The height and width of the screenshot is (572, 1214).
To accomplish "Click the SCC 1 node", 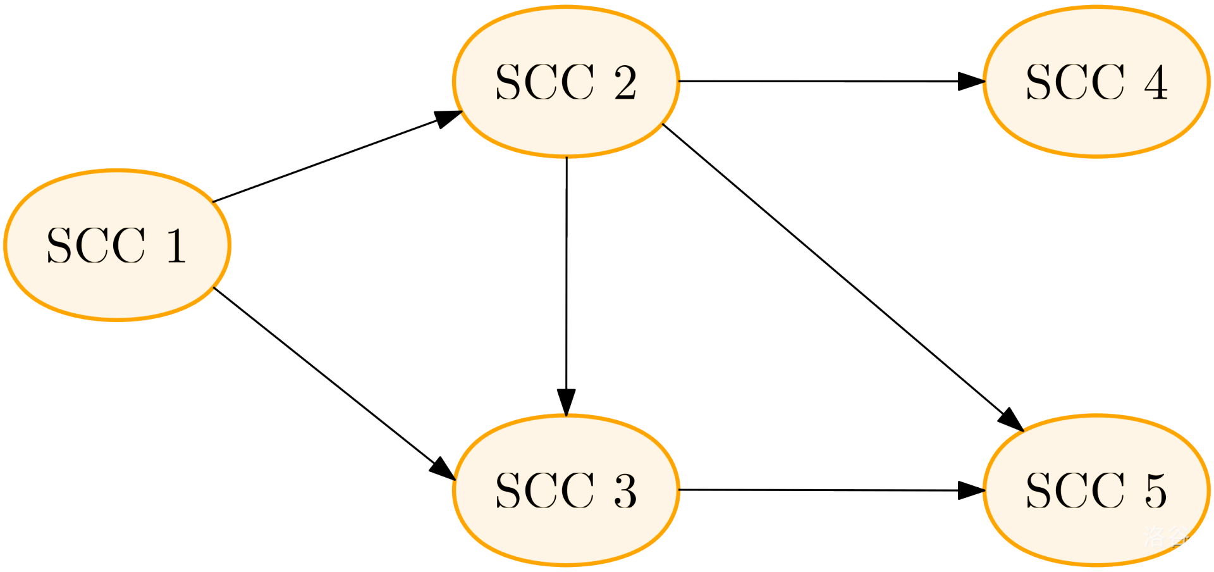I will pos(117,245).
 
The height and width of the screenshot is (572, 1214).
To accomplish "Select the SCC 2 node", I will pos(566,82).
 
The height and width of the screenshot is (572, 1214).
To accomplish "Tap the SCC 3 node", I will pos(566,490).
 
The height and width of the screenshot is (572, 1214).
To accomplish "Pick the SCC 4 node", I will pos(1096,82).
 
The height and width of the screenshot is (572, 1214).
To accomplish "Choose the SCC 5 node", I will pos(1096,490).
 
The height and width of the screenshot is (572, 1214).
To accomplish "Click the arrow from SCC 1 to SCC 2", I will pos(335,158).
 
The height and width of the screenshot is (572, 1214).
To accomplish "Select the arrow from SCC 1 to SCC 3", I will pos(332,382).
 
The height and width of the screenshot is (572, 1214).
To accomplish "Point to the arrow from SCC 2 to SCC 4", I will pos(822,81).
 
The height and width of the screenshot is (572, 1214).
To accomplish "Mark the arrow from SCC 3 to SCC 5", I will pos(822,490).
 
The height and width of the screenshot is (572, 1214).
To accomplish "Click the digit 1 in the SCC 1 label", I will pos(176,246).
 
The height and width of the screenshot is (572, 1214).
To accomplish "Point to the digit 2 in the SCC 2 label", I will pos(625,82).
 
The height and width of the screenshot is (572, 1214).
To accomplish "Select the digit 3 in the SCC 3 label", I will pos(625,491).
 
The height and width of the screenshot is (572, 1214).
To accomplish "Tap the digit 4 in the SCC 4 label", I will pos(1156,82).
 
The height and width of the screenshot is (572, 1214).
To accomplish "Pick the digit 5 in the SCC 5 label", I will pos(1156,491).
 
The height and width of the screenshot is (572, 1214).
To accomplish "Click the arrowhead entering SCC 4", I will pos(971,82).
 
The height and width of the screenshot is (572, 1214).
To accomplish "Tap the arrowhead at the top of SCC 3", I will pos(566,402).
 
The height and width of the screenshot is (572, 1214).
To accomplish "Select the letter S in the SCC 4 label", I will pos(1038,82).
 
